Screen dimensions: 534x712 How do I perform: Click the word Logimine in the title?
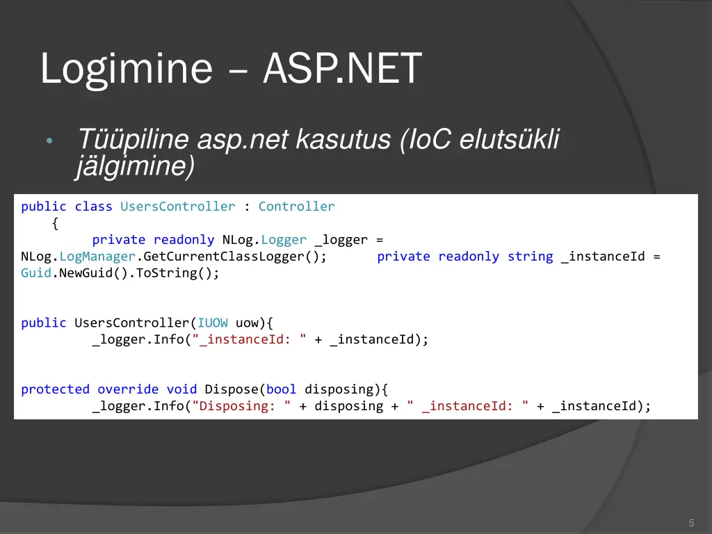tap(126, 70)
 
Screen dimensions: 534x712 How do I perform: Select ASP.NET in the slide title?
tap(342, 70)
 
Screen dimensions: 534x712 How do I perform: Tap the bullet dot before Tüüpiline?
tap(49, 141)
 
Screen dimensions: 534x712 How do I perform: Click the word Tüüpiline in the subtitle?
tap(132, 140)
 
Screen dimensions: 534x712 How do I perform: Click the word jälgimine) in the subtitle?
tap(135, 166)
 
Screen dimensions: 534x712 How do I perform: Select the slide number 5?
tap(691, 523)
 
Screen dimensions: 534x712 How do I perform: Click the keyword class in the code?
tap(93, 207)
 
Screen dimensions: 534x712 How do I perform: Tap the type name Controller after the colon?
tap(296, 207)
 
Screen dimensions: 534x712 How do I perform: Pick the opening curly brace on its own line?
tap(55, 223)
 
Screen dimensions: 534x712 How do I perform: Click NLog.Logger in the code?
tap(264, 240)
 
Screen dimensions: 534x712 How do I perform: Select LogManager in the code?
tap(97, 257)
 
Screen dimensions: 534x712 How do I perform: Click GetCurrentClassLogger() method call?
tap(234, 257)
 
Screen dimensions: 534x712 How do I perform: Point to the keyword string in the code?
tap(530, 257)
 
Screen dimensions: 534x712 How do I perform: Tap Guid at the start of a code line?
tap(36, 273)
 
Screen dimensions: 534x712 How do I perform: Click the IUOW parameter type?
tap(212, 323)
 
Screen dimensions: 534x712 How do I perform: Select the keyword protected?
tap(55, 389)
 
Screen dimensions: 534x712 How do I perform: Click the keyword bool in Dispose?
tap(281, 389)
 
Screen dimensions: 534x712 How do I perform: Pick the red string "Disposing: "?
tap(241, 406)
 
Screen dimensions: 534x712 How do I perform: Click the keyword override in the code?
tap(127, 389)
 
